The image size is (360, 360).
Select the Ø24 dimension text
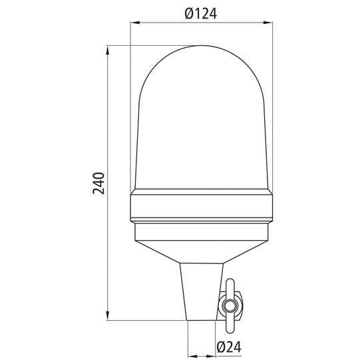click(228, 345)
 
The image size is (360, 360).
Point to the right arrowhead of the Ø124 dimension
click(271, 24)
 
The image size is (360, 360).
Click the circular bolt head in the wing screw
click(230, 307)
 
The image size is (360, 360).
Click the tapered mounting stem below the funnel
click(201, 293)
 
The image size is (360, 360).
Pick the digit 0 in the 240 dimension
click(98, 175)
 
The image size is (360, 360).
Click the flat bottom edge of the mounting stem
click(201, 321)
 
